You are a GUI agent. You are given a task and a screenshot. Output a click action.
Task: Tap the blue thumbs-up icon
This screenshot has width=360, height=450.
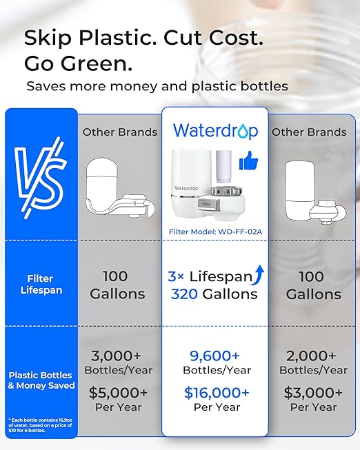[248, 163]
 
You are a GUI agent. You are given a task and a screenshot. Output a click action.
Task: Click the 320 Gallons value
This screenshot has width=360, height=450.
[214, 294]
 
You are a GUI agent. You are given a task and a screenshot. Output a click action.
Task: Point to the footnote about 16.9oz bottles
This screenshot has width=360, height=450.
[40, 425]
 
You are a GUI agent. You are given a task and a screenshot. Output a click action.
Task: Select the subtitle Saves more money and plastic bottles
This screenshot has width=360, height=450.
[157, 86]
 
